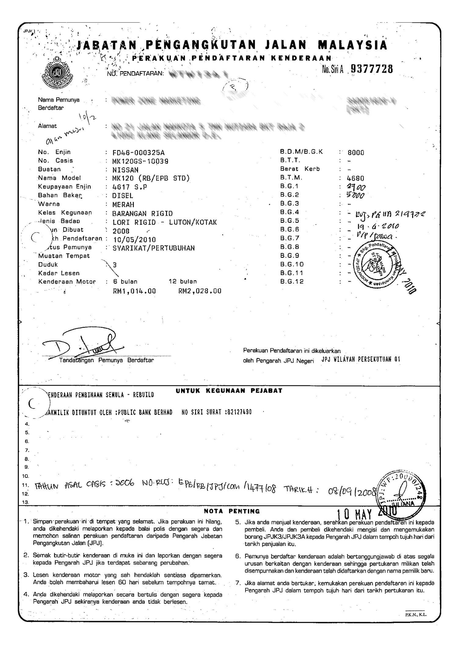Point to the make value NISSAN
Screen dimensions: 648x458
click(x=125, y=170)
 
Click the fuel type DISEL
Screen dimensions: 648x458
click(x=123, y=196)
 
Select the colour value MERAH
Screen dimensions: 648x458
click(x=123, y=204)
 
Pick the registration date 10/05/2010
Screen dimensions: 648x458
click(x=134, y=239)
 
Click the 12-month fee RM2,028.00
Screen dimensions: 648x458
click(x=200, y=291)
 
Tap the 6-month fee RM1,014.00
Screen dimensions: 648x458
click(x=134, y=291)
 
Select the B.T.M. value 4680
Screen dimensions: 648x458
click(x=356, y=178)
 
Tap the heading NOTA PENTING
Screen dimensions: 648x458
click(x=232, y=511)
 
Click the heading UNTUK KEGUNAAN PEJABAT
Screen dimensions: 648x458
click(x=229, y=391)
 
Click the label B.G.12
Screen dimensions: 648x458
click(x=292, y=282)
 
